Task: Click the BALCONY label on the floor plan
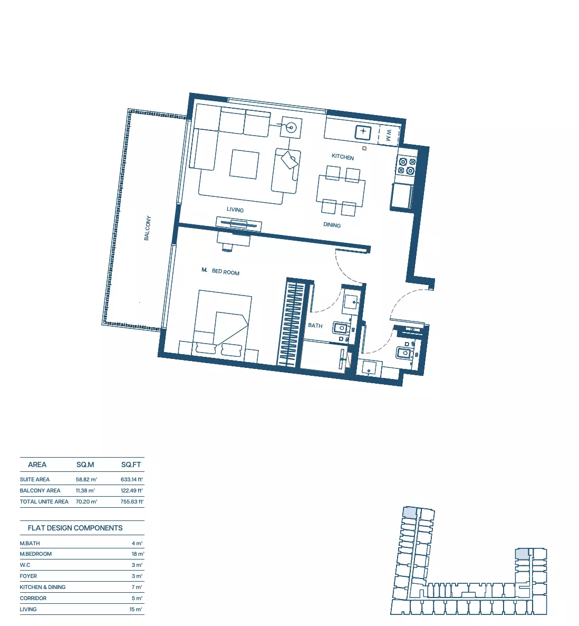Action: tap(148, 228)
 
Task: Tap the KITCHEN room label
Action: tap(343, 157)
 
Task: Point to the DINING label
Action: tap(332, 225)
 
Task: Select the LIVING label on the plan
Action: tap(235, 210)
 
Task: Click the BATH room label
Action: tap(315, 325)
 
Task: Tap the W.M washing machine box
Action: tap(389, 135)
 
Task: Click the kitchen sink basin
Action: tap(363, 131)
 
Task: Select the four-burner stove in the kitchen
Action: tap(407, 166)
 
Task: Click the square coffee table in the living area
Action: tap(245, 164)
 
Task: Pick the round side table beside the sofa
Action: tap(291, 128)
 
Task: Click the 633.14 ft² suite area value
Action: tap(132, 479)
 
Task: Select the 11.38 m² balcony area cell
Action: tap(85, 491)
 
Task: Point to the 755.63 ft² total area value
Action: tap(132, 502)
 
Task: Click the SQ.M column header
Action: tap(85, 464)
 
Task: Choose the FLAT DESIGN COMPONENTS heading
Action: tap(75, 528)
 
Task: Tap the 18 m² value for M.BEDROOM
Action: tap(138, 554)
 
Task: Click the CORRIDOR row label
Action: tap(33, 599)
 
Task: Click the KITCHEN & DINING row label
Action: tap(43, 587)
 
